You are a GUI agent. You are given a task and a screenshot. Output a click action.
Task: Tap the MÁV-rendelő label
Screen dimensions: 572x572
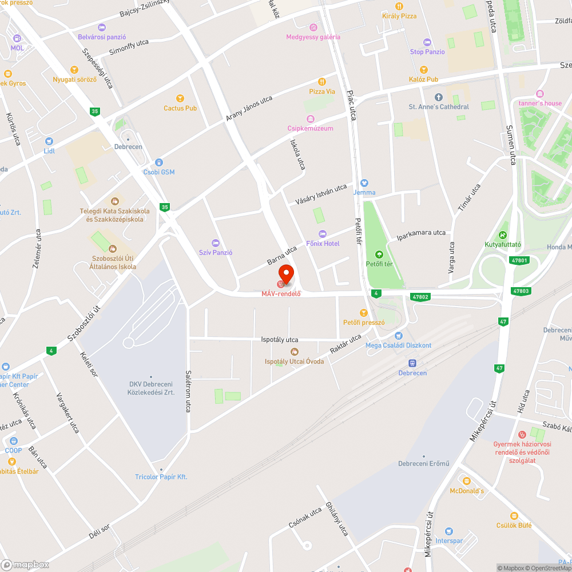[281, 294]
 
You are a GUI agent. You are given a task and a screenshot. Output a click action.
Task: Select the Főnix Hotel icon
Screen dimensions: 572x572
[323, 234]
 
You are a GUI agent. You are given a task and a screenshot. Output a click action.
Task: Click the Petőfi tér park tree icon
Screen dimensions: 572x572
[378, 255]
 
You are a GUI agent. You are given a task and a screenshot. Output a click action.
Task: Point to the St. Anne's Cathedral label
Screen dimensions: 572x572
[439, 107]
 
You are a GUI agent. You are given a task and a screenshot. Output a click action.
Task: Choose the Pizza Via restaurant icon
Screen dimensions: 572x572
[322, 82]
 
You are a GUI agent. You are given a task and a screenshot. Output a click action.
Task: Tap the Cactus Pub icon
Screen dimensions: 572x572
[180, 98]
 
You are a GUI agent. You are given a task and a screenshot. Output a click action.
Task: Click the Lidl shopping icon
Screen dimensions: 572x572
[49, 141]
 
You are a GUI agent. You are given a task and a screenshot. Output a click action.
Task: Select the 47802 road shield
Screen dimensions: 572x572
[420, 297]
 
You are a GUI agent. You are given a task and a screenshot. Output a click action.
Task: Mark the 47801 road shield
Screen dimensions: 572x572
[519, 260]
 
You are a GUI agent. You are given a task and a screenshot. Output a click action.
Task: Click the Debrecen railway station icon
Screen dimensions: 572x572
[412, 363]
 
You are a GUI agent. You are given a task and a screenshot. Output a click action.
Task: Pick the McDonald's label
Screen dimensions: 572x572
[467, 491]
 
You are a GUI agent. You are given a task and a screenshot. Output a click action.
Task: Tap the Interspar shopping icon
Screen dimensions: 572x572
[448, 531]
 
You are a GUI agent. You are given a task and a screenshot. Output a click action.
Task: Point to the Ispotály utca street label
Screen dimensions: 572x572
[280, 339]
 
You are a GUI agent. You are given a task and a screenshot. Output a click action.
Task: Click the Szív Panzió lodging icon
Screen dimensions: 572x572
[216, 243]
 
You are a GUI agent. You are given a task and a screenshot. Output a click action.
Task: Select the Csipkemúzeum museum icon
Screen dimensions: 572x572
[310, 119]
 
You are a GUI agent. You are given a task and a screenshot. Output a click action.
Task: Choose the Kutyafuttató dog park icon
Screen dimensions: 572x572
[502, 235]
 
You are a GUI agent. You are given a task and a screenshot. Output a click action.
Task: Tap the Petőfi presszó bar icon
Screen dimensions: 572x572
[363, 312]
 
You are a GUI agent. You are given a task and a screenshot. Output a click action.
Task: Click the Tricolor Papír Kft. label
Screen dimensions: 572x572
[161, 477]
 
